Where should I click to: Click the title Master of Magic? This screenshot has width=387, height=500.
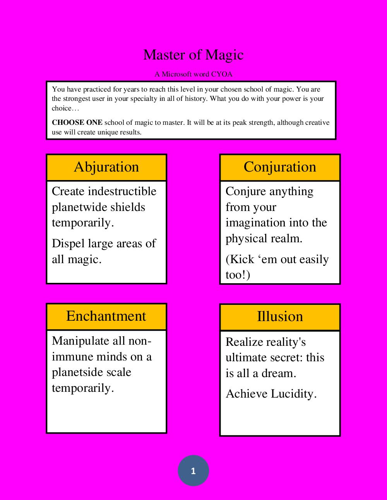pyautogui.click(x=193, y=55)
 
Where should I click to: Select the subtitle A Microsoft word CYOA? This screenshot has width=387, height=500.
pyautogui.click(x=193, y=74)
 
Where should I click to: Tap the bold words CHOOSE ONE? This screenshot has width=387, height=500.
pyautogui.click(x=77, y=123)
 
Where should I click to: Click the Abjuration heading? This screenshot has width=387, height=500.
pyautogui.click(x=106, y=167)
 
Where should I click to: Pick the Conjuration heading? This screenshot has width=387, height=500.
pyautogui.click(x=280, y=167)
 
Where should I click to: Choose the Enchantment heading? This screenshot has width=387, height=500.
pyautogui.click(x=106, y=316)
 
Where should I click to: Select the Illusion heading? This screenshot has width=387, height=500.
pyautogui.click(x=280, y=316)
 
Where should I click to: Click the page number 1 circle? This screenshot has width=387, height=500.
pyautogui.click(x=193, y=471)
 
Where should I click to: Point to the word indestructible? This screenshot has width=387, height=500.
pyautogui.click(x=123, y=191)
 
